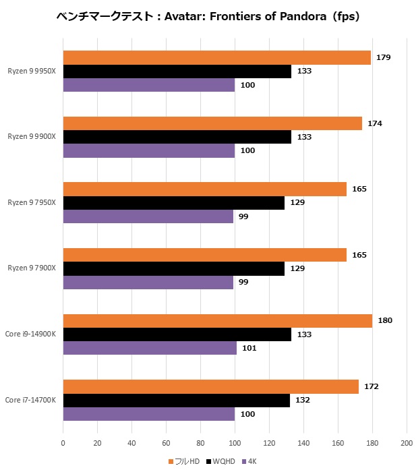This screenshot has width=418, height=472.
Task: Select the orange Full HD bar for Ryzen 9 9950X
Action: [216, 57]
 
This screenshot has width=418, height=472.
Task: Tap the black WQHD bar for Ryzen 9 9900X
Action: [177, 137]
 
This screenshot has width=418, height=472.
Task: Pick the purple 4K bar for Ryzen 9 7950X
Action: [148, 216]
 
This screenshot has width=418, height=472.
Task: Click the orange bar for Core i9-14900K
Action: [217, 321]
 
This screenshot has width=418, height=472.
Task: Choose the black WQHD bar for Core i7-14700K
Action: [176, 401]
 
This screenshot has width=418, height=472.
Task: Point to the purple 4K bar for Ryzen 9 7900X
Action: [148, 282]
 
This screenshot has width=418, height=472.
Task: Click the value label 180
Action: [386, 321]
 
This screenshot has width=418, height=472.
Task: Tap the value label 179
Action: [384, 57]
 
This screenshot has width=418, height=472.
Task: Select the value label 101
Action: [249, 348]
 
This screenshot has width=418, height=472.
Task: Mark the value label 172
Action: [371, 387]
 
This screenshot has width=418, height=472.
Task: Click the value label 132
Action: [303, 401]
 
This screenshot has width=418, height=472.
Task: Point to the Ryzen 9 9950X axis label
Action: [32, 71]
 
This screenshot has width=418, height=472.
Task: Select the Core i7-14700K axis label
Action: [30, 401]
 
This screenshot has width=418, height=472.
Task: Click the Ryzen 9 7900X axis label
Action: [32, 268]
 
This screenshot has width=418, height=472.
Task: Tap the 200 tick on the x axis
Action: [407, 443]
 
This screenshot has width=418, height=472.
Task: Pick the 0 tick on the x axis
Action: [63, 443]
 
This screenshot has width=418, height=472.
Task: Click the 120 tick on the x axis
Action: [269, 443]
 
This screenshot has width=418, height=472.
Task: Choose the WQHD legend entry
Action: [223, 461]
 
